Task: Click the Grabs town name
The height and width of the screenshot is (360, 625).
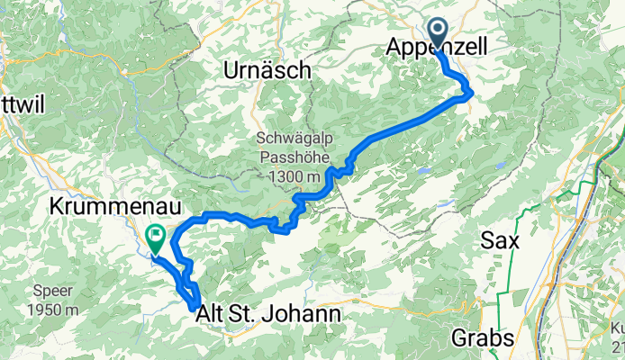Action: click(x=483, y=338)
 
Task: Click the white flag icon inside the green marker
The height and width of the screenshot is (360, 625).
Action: click(x=157, y=238)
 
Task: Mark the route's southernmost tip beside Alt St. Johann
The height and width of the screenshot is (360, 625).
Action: click(x=195, y=309)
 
